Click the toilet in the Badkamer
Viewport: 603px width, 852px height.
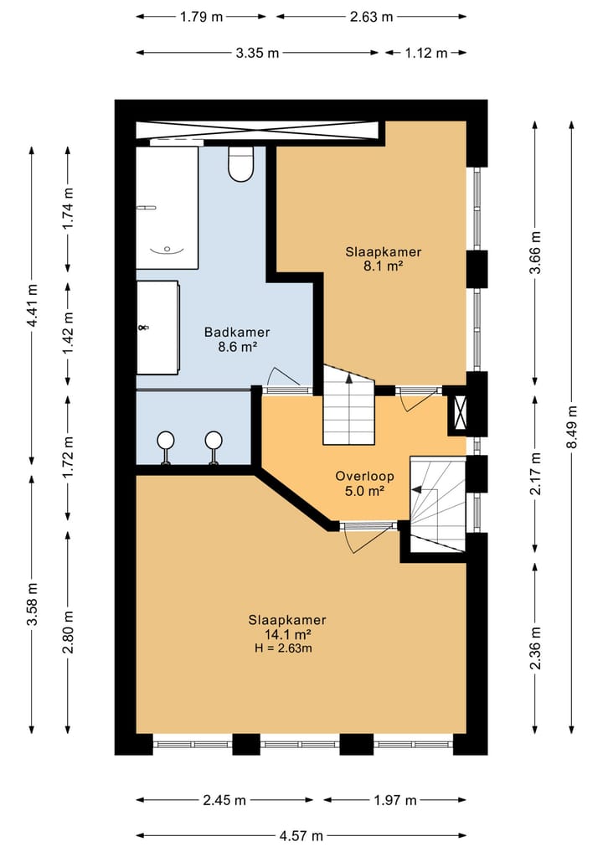pyautogui.click(x=240, y=164)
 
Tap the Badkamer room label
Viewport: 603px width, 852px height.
pyautogui.click(x=237, y=332)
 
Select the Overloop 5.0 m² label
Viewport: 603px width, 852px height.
pyautogui.click(x=364, y=483)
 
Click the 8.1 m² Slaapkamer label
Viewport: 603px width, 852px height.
pyautogui.click(x=384, y=259)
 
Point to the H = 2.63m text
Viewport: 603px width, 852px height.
pyautogui.click(x=283, y=648)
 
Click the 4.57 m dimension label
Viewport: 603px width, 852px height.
pyautogui.click(x=301, y=836)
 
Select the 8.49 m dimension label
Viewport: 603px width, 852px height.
pyautogui.click(x=571, y=427)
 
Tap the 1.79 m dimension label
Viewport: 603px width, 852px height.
pyautogui.click(x=201, y=16)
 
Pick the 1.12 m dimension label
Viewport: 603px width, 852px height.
pyautogui.click(x=426, y=53)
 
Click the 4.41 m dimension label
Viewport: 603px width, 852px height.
pyautogui.click(x=32, y=306)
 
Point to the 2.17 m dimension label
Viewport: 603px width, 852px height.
pyautogui.click(x=536, y=473)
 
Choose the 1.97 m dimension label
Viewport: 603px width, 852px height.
pyautogui.click(x=395, y=800)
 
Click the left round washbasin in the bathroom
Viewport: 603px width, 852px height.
pyautogui.click(x=165, y=447)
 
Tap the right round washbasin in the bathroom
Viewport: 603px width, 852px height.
pyautogui.click(x=214, y=447)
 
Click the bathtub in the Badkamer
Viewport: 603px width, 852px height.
pyautogui.click(x=167, y=208)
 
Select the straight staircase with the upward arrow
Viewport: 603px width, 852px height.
pyautogui.click(x=349, y=405)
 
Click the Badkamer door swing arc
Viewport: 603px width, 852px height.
pyautogui.click(x=284, y=377)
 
